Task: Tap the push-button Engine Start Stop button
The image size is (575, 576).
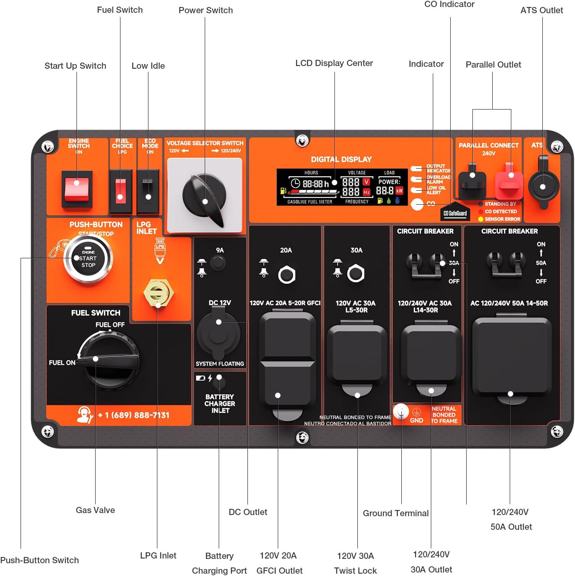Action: [x=88, y=259]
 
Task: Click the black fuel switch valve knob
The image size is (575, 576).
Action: [x=109, y=361]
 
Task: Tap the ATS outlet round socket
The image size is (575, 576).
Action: [x=543, y=186]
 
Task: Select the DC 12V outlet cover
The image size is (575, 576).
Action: [x=218, y=332]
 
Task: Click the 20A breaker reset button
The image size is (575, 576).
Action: [x=287, y=275]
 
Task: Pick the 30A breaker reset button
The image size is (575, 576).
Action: [x=355, y=273]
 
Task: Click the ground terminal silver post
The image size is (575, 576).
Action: [x=401, y=412]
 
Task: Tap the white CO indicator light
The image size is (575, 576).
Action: [x=417, y=204]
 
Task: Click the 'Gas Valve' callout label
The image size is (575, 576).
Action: [x=95, y=510]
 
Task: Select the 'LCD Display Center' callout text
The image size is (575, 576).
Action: [x=334, y=63]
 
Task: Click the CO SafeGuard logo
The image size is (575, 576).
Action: [x=455, y=212]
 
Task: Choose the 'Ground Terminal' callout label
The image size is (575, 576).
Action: [x=396, y=513]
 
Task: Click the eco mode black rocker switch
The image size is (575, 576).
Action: [x=148, y=190]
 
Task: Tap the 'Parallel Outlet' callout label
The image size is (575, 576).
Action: [x=493, y=64]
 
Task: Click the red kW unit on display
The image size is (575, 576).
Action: [x=399, y=191]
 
